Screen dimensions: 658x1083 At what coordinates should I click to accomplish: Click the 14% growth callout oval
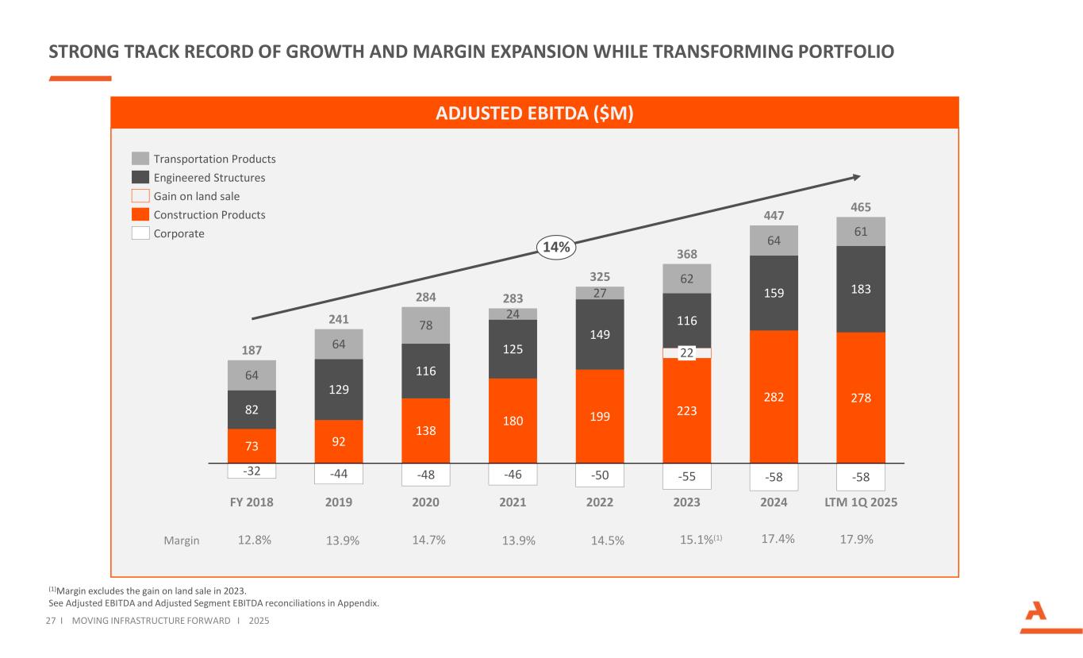tap(555, 248)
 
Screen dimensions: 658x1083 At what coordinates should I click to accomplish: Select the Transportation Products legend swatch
tap(140, 159)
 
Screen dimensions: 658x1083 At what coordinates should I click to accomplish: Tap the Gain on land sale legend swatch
tap(140, 196)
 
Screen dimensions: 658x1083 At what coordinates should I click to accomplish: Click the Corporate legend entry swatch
tap(140, 233)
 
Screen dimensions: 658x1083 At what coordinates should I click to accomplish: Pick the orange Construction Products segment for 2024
tap(774, 396)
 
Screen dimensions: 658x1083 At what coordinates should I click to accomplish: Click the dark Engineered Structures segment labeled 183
tap(861, 289)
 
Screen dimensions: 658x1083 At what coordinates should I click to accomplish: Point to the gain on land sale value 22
tap(687, 353)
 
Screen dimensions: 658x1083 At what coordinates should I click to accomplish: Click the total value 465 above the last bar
tap(861, 207)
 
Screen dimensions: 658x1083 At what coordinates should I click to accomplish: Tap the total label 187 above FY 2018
tap(252, 350)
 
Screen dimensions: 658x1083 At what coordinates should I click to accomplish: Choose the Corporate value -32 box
tap(252, 471)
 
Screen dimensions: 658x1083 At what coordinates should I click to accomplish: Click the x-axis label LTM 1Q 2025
tap(861, 502)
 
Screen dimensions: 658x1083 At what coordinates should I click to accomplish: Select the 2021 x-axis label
tap(513, 502)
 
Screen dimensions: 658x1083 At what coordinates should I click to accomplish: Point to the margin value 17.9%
tap(856, 540)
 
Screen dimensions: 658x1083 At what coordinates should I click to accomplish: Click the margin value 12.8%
tap(255, 540)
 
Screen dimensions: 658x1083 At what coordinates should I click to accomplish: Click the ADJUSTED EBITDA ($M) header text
tap(535, 114)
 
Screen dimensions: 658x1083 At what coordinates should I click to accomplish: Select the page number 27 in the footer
tap(53, 620)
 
